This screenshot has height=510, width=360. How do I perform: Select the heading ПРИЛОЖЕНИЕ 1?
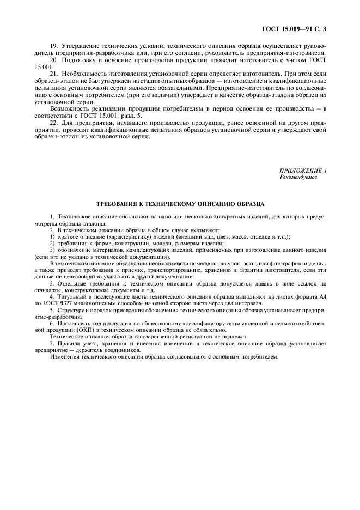tap(302, 172)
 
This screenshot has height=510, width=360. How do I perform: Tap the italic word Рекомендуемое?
tap(298, 178)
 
